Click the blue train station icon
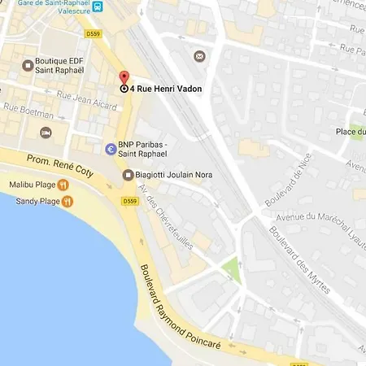98,7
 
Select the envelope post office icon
199,56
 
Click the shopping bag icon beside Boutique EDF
28,63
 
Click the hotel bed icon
46,132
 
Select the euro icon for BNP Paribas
111,150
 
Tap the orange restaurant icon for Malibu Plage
63,185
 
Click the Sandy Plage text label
34,200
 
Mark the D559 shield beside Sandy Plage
130,201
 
